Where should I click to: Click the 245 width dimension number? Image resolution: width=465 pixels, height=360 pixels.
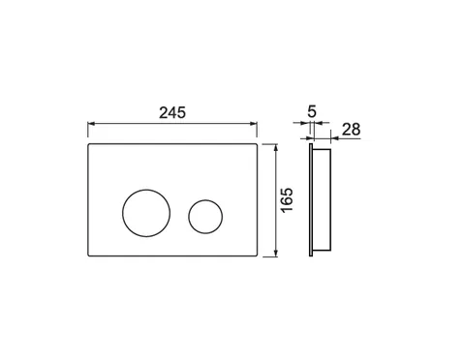172,112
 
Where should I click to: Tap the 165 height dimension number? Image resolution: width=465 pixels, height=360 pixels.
287,200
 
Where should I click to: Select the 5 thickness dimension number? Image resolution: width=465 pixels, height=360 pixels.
312,111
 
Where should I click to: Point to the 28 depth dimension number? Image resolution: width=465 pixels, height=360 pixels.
351,130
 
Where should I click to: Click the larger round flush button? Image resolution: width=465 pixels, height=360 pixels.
122,213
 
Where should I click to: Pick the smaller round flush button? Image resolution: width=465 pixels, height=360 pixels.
189,217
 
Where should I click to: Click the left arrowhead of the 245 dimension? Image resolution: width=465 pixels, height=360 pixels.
91,123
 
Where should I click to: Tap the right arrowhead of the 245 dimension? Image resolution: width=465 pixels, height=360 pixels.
254,123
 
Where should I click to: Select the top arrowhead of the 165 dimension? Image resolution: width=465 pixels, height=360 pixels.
275,147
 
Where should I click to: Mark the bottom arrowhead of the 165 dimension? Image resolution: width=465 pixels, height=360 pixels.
275,254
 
